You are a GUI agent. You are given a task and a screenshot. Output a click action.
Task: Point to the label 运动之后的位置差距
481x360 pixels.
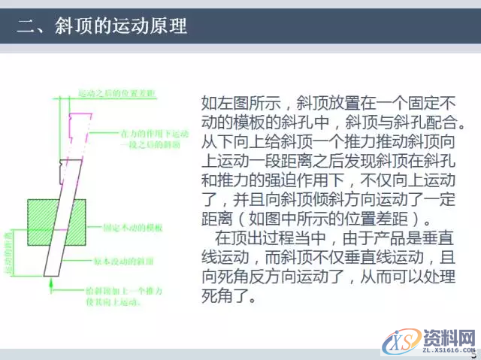tap(116, 93)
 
